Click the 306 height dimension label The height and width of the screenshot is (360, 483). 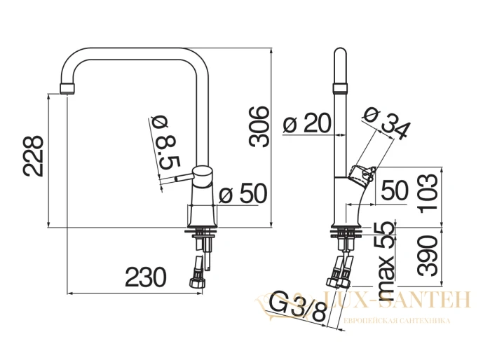click(259, 127)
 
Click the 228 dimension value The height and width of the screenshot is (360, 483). click(33, 156)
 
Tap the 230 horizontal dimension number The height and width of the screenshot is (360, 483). click(146, 277)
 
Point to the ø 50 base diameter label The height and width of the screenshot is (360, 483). click(243, 193)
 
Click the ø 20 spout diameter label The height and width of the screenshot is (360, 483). click(307, 123)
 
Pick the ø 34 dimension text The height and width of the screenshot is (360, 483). click(387, 123)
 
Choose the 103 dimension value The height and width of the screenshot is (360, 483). click(428, 191)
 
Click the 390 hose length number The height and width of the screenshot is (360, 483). click(428, 256)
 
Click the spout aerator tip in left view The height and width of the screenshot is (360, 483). click(67, 88)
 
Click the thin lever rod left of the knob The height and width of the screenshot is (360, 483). click(184, 178)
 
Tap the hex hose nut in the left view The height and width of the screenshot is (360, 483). click(198, 282)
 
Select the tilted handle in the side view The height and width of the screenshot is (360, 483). click(362, 174)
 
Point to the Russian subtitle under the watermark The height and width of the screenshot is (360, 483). click(397, 321)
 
